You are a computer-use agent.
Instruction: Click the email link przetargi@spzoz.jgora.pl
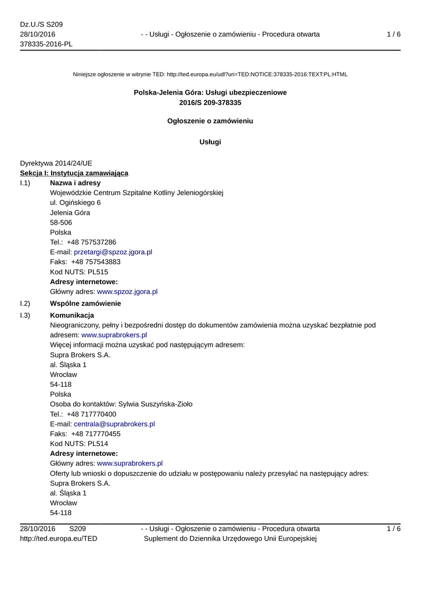[113, 252]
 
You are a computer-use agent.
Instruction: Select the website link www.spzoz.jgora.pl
[127, 292]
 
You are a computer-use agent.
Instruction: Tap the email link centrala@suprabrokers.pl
[114, 424]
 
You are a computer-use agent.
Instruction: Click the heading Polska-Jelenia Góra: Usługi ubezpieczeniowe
[210, 92]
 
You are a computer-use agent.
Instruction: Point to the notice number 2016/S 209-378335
[210, 103]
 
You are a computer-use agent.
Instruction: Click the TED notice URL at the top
[257, 74]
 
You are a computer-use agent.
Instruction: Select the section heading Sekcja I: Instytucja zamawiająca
[74, 173]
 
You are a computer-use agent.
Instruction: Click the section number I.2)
[25, 303]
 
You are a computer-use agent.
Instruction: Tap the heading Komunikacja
[72, 315]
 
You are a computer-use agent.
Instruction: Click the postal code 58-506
[61, 223]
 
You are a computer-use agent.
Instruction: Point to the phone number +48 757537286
[91, 242]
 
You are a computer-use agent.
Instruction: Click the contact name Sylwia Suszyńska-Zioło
[156, 404]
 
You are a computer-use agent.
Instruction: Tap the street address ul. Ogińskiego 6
[75, 202]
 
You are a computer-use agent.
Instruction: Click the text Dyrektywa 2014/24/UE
[56, 163]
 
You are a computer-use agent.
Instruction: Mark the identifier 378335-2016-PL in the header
[46, 44]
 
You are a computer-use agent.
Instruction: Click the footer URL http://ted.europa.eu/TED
[59, 539]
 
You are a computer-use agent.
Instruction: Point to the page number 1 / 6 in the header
[394, 34]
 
